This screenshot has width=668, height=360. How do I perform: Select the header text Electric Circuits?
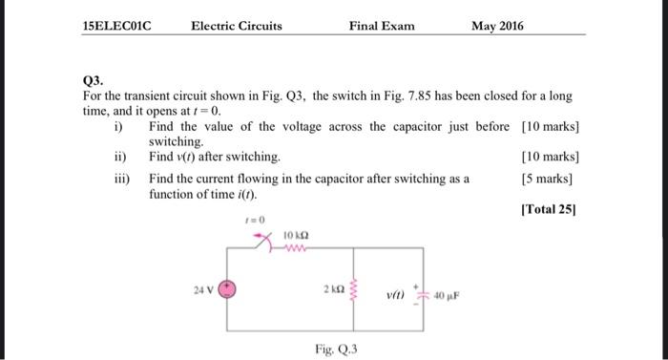(237, 27)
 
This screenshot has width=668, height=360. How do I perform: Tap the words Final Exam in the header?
(382, 27)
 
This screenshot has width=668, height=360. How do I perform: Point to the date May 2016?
(497, 27)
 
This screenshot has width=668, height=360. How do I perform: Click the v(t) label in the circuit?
(397, 292)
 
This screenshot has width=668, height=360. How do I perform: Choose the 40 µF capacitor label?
(448, 292)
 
